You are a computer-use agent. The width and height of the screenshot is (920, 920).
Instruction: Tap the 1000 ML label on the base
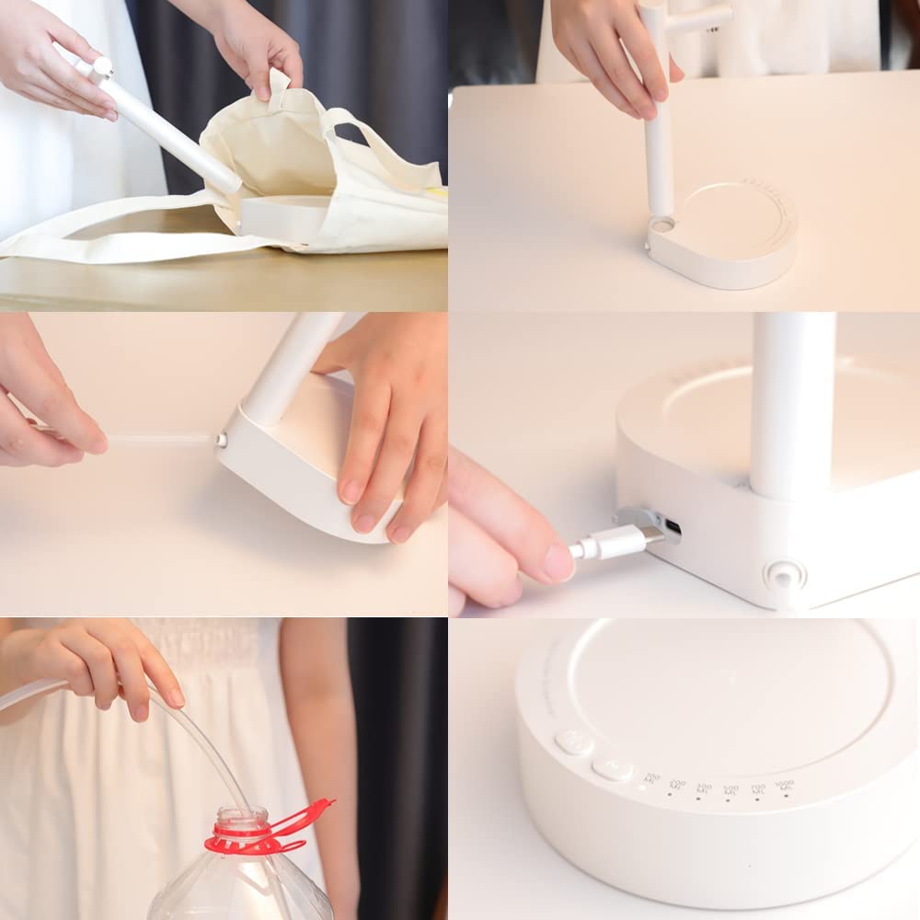tap(784, 786)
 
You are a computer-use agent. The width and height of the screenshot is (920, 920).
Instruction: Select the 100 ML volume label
tap(651, 779)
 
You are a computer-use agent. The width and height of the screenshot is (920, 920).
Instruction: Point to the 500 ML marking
tap(730, 789)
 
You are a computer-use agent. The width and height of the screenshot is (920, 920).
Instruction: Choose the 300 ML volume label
tap(704, 788)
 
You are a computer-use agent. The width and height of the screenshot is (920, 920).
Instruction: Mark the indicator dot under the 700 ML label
tap(758, 799)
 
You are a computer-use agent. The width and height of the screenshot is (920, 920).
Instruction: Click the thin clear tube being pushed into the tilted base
tap(156, 439)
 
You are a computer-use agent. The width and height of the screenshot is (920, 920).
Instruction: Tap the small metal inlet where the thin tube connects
tap(222, 441)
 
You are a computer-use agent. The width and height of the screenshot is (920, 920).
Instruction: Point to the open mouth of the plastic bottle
tap(242, 815)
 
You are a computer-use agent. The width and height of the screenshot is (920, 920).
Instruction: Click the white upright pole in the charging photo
tap(791, 405)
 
